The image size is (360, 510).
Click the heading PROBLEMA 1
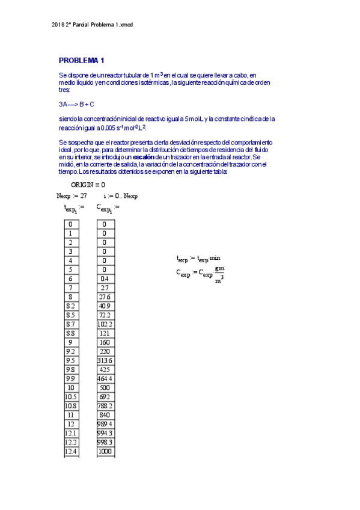[x=82, y=60]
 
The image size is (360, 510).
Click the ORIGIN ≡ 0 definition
[x=88, y=185]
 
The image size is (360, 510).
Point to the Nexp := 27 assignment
[x=72, y=195]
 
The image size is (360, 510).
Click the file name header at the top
[x=92, y=24]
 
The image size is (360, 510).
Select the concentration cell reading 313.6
[x=105, y=361]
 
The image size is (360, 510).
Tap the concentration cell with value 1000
[x=105, y=452]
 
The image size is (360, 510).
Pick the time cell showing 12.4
[x=71, y=452]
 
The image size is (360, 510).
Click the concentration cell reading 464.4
[x=105, y=379]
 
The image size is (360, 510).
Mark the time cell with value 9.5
[x=71, y=361]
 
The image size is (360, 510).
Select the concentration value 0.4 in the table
[x=105, y=279]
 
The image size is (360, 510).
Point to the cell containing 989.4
[x=105, y=425]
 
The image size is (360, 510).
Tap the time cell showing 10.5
[x=71, y=397]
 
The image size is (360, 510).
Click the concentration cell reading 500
[x=105, y=388]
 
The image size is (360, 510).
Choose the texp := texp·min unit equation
[x=199, y=259]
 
